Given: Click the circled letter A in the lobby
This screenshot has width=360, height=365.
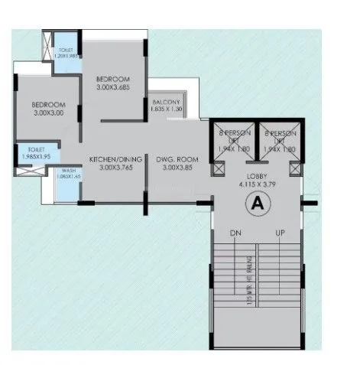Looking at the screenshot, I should [257, 204].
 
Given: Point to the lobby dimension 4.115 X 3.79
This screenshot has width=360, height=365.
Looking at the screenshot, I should [257, 184].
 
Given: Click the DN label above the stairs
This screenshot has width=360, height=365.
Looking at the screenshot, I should [235, 232].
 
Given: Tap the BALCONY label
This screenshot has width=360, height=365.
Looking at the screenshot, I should [166, 103].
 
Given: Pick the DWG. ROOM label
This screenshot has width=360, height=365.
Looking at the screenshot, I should [177, 159].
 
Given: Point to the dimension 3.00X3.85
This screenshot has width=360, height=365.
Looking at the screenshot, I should [177, 168].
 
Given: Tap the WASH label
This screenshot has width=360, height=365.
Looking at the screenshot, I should [68, 170].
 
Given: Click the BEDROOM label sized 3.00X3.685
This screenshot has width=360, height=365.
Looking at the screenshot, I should [112, 79].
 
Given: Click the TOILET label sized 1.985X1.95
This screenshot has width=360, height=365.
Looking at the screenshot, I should [36, 148].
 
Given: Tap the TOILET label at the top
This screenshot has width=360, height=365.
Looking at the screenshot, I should [65, 50].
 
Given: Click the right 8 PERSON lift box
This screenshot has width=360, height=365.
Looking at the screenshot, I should [279, 143].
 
